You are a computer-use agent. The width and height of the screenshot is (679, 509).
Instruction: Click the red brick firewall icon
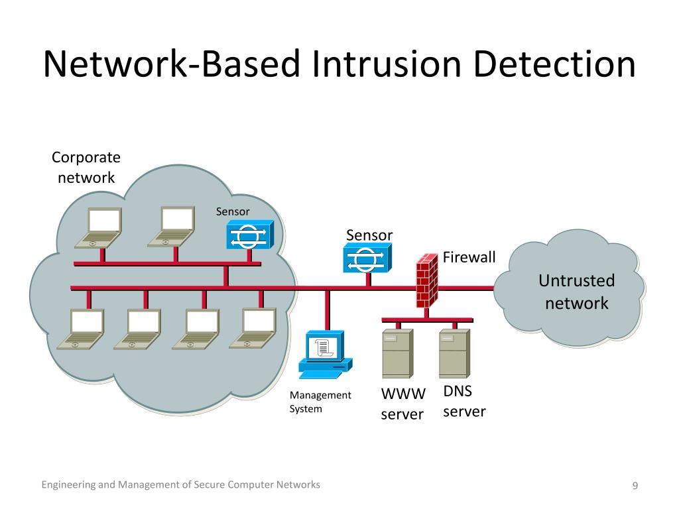(426, 281)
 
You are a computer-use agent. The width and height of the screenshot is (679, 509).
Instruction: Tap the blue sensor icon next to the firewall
(367, 258)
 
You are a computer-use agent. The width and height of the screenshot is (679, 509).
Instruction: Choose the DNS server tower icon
(454, 355)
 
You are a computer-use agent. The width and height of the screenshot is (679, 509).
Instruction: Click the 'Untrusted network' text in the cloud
(576, 292)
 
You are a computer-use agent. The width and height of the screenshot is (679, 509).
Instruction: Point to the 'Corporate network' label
(86, 168)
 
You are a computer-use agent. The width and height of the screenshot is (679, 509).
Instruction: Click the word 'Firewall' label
(469, 257)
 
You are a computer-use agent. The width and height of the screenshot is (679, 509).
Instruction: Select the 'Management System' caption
(320, 402)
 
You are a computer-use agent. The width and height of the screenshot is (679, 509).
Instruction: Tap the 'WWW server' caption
(402, 404)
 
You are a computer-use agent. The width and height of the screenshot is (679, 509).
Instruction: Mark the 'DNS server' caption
(463, 402)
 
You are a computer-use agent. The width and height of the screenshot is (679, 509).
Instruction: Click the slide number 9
(635, 486)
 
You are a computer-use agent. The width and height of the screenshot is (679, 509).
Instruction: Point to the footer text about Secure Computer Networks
(180, 485)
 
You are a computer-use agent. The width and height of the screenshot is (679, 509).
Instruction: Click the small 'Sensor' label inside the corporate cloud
(233, 211)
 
